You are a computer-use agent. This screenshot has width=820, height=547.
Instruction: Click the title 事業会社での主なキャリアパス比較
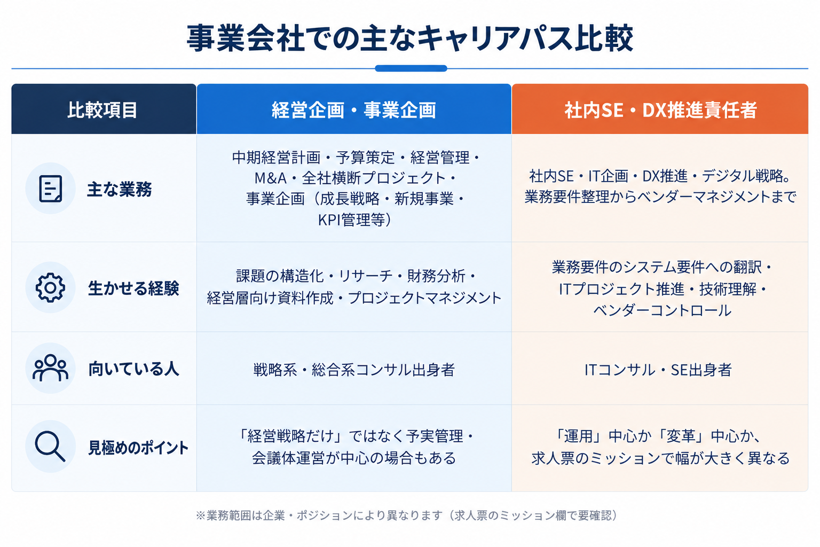pos(410,38)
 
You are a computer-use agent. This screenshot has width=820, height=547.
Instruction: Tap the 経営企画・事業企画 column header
pos(354,109)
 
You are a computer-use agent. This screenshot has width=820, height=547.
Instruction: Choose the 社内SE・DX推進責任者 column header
pos(660,109)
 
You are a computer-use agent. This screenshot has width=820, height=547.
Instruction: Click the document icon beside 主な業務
pos(51,189)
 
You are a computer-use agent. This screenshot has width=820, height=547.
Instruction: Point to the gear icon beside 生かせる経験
pos(51,287)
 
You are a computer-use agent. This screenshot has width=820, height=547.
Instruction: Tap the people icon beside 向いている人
pos(51,368)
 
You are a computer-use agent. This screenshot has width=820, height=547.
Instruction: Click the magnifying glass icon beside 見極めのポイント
pos(50,446)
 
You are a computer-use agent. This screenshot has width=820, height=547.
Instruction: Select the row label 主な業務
pos(120,190)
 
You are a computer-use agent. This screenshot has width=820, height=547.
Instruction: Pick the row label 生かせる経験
pos(133,288)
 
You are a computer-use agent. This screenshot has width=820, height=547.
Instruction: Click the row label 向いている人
pos(133,369)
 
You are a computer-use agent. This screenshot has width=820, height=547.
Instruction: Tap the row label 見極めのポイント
pos(138,448)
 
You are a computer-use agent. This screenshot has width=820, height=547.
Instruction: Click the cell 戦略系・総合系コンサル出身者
pos(354,370)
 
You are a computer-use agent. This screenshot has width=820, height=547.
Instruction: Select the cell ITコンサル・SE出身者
pos(658,370)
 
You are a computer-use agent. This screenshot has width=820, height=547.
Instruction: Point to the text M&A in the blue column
pos(271,178)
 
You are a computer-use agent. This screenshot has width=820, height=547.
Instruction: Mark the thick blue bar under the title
pos(411,68)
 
